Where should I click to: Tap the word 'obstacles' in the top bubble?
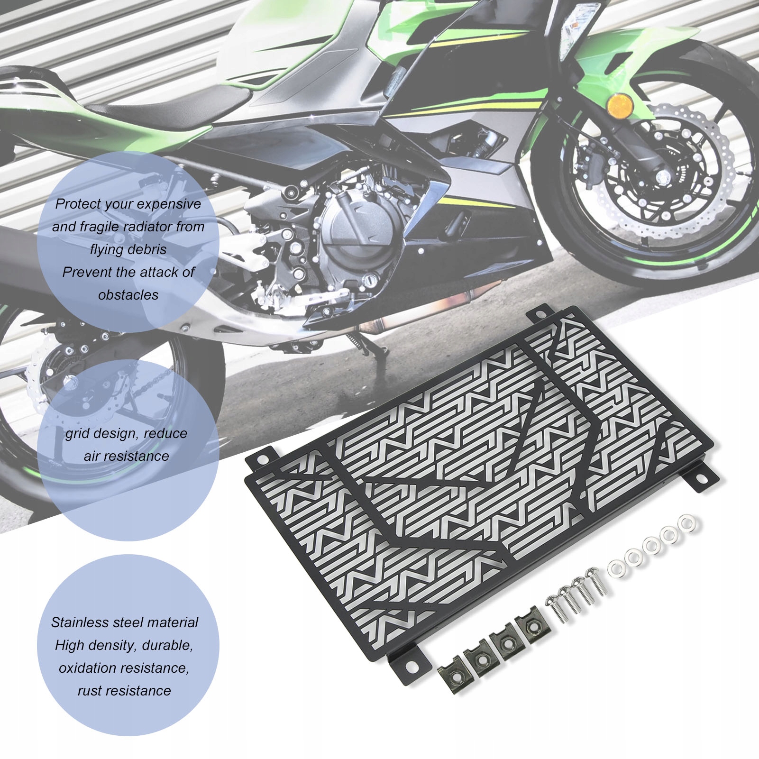tap(128, 295)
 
